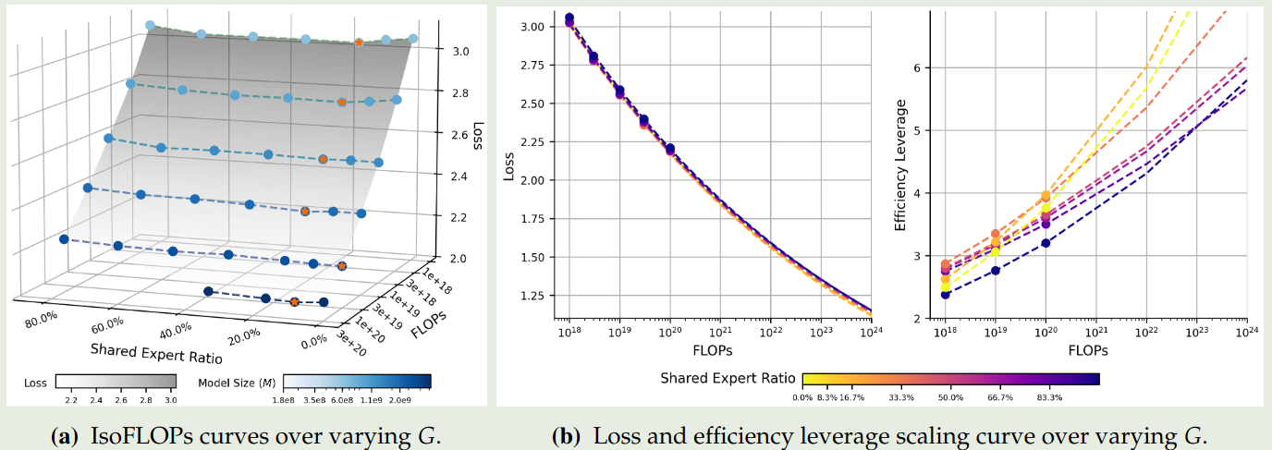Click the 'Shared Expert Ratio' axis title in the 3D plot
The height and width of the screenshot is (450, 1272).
coord(152,349)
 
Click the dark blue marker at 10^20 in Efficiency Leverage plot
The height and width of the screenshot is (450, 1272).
coord(1046,243)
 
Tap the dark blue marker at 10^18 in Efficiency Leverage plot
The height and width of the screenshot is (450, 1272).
coord(945,294)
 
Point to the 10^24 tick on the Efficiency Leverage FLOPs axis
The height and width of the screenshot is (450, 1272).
coord(1247,331)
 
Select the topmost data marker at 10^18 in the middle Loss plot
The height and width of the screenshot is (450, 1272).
coord(569,18)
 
